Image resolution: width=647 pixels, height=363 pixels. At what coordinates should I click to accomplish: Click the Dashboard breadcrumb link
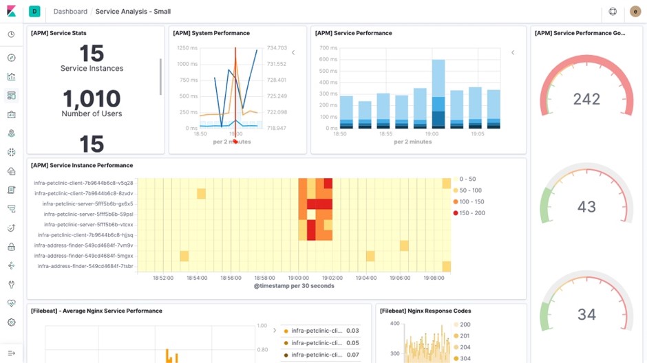(x=70, y=12)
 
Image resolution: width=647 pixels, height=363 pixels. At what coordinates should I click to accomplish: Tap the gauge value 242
(x=586, y=99)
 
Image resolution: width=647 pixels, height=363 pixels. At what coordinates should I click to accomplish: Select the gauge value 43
(x=586, y=206)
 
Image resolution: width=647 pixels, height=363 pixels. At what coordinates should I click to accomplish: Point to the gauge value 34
(x=586, y=314)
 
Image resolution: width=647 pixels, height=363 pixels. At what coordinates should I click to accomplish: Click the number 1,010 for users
(x=92, y=99)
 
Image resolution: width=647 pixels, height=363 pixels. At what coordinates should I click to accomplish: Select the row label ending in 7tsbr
(x=85, y=266)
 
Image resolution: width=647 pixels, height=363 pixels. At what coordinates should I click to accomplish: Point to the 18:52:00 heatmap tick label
(x=162, y=278)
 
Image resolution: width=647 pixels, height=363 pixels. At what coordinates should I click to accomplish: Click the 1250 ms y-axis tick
(x=187, y=48)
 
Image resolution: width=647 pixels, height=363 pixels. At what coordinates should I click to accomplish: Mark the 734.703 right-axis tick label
(x=277, y=48)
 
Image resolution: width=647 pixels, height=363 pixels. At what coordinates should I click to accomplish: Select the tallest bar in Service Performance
(x=438, y=93)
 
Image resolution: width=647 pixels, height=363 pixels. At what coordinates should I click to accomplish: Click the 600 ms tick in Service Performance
(x=328, y=59)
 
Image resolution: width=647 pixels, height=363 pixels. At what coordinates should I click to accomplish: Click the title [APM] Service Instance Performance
(x=82, y=166)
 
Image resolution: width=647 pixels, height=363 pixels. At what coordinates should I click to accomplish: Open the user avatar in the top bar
(x=635, y=12)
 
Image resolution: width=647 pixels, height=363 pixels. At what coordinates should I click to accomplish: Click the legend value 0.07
(x=352, y=355)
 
